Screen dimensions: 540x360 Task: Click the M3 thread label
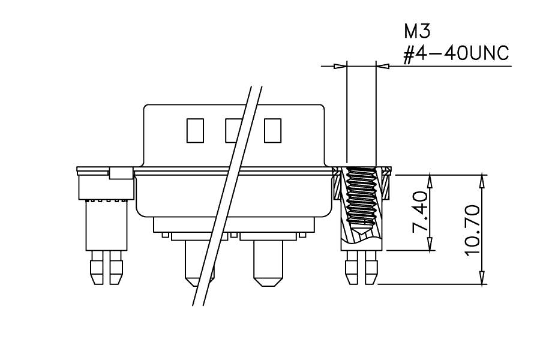click(417, 31)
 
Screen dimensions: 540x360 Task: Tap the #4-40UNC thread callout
click(456, 54)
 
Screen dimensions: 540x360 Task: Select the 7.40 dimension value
click(421, 212)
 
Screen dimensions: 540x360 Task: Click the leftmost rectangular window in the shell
click(195, 131)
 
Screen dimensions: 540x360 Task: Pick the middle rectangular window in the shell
click(234, 131)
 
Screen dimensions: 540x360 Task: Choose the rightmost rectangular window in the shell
click(273, 131)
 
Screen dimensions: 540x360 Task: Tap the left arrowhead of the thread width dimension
click(340, 66)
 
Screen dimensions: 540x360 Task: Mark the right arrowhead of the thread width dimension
click(383, 66)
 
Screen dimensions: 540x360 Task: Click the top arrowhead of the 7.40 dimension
click(430, 181)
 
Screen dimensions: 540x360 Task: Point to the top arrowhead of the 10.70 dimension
click(482, 181)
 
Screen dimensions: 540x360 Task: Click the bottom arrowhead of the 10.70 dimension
click(482, 278)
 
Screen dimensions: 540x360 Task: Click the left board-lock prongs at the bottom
click(106, 268)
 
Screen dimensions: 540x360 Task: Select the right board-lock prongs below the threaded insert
click(362, 268)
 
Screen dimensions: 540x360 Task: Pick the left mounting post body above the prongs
click(106, 225)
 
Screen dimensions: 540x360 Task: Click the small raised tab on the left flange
click(121, 173)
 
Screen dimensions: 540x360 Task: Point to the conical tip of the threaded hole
click(361, 230)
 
